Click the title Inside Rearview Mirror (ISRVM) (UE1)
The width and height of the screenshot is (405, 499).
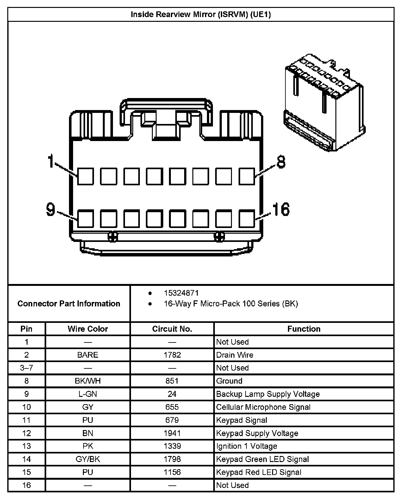tap(201, 15)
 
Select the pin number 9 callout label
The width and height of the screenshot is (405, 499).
tap(51, 209)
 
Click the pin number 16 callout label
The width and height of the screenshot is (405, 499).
tap(281, 209)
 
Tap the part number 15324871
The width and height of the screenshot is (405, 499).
tap(181, 293)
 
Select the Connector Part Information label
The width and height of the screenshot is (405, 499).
tap(69, 304)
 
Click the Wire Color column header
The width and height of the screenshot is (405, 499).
tap(88, 329)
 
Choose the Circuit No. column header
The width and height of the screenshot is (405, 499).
tap(172, 329)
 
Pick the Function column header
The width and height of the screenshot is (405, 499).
tap(304, 329)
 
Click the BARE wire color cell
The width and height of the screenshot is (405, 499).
tap(88, 355)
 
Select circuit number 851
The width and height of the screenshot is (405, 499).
tap(172, 381)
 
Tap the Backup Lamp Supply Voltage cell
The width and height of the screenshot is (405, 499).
tap(268, 394)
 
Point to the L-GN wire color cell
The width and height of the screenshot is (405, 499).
tap(88, 394)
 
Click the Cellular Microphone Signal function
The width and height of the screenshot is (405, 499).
tap(263, 407)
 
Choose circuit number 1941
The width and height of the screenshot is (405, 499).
tap(172, 433)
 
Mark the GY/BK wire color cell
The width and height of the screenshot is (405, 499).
tap(88, 459)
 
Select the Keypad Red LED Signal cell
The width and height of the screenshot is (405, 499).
tap(259, 472)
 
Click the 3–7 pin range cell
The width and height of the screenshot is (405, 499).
tap(27, 368)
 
